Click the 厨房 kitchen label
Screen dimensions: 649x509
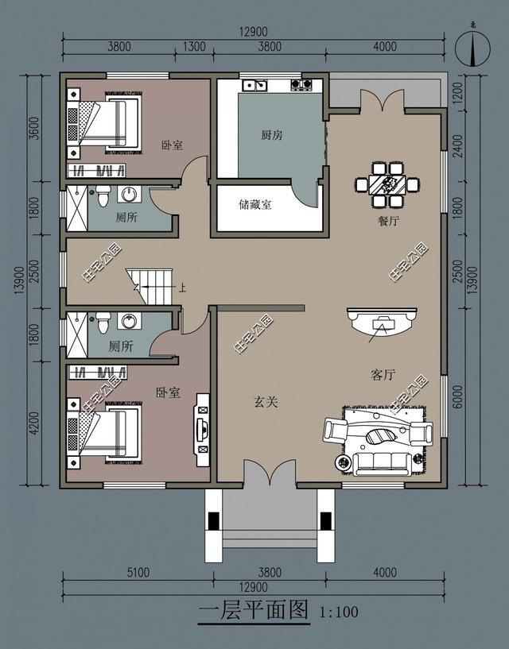click(x=272, y=135)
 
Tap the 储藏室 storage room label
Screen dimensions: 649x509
click(x=255, y=205)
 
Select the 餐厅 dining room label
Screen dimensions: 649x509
click(x=389, y=222)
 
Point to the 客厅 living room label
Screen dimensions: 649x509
click(x=383, y=375)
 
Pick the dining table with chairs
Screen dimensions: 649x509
click(x=387, y=184)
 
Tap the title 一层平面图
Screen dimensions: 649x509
click(x=252, y=611)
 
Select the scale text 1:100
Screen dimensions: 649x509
click(x=339, y=612)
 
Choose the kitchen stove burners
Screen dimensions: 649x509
click(x=301, y=84)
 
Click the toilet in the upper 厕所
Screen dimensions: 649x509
click(x=102, y=195)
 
